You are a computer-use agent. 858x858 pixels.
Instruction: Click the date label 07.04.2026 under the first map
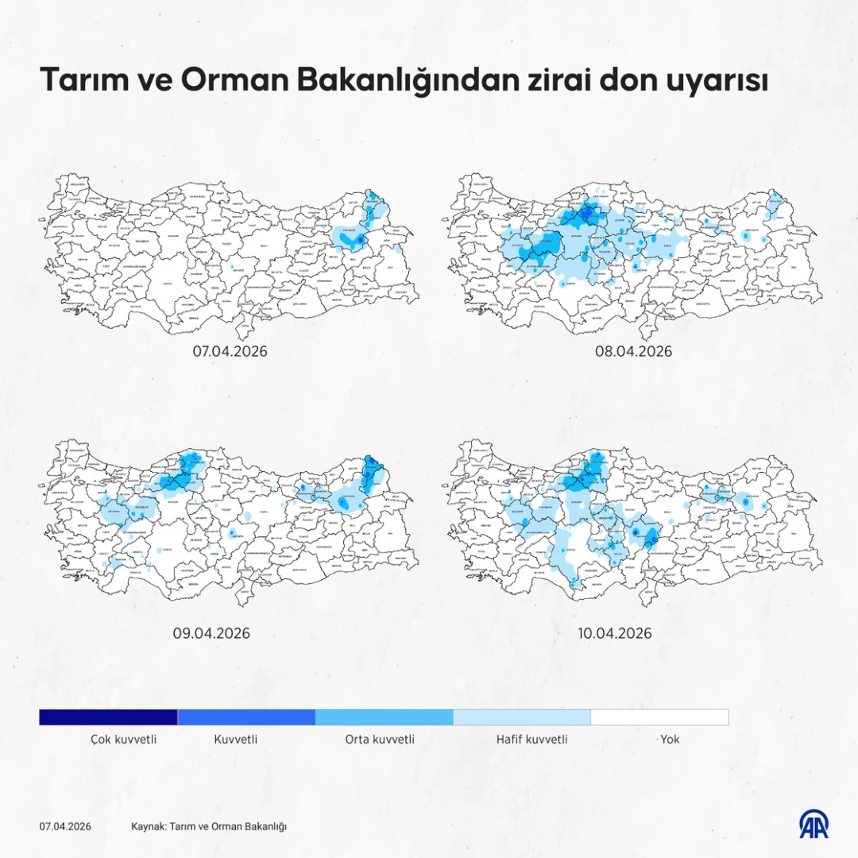[230, 351]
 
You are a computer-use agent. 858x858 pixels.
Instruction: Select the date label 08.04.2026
[634, 351]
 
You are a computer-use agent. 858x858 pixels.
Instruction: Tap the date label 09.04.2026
[211, 633]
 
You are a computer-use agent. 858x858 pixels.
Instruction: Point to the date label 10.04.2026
[615, 633]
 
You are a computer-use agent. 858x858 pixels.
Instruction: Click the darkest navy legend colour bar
[108, 717]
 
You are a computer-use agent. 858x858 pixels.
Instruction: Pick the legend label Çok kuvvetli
[123, 740]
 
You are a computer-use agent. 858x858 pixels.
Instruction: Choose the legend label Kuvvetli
[236, 740]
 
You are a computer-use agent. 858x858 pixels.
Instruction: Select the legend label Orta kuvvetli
[380, 740]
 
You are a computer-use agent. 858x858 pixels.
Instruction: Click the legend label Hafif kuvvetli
[532, 740]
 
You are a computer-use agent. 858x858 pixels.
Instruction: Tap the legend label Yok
[670, 740]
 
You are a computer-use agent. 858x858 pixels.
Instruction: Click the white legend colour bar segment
[659, 717]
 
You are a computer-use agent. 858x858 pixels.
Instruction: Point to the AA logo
[814, 825]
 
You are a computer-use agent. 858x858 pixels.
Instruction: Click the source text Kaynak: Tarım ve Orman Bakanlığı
[209, 826]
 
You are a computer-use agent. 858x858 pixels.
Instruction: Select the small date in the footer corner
[65, 826]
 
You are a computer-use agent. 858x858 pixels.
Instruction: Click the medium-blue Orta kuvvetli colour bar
[384, 717]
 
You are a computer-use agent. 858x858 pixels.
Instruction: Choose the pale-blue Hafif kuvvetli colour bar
[522, 717]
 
